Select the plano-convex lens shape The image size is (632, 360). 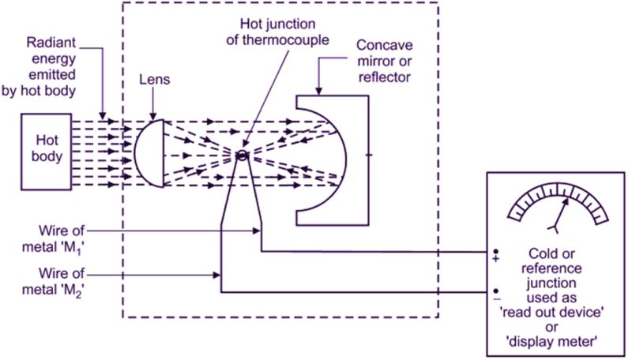coord(149,153)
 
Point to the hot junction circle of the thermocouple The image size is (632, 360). coord(243,155)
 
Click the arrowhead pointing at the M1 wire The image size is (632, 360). coord(258,230)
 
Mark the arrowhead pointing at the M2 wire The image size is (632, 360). coord(217,276)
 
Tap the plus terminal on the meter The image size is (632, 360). coord(495,257)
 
